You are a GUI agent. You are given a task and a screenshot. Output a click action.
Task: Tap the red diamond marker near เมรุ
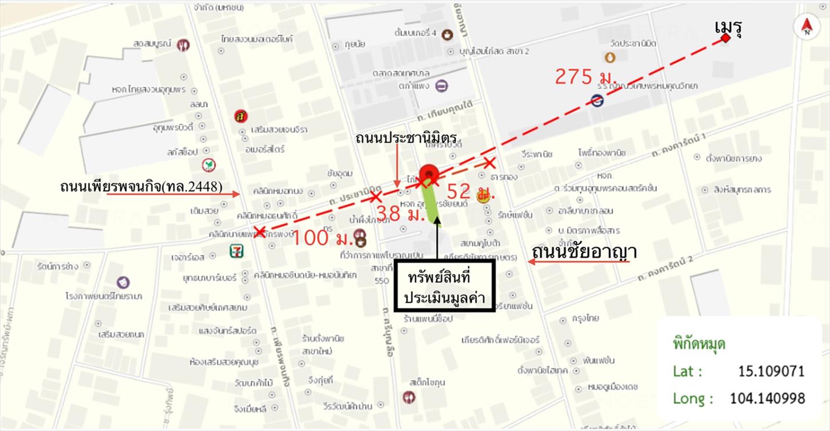726,38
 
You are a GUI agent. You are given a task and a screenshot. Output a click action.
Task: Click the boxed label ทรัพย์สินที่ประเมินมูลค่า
444,287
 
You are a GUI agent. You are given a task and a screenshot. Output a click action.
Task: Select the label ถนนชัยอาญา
584,252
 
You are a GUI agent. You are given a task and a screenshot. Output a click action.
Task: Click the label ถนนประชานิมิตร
409,138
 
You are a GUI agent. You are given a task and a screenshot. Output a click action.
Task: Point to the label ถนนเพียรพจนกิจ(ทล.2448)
141,187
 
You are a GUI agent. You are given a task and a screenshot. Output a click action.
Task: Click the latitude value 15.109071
771,371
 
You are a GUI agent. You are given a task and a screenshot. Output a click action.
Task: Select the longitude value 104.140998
767,398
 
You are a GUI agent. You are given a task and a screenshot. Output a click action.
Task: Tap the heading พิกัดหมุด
699,345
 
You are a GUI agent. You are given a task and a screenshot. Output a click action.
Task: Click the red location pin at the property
429,174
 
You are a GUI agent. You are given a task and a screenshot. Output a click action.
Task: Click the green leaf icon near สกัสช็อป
209,165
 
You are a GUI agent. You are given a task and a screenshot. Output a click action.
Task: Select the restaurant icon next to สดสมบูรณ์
183,44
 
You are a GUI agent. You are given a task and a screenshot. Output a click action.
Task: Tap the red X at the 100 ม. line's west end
259,232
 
